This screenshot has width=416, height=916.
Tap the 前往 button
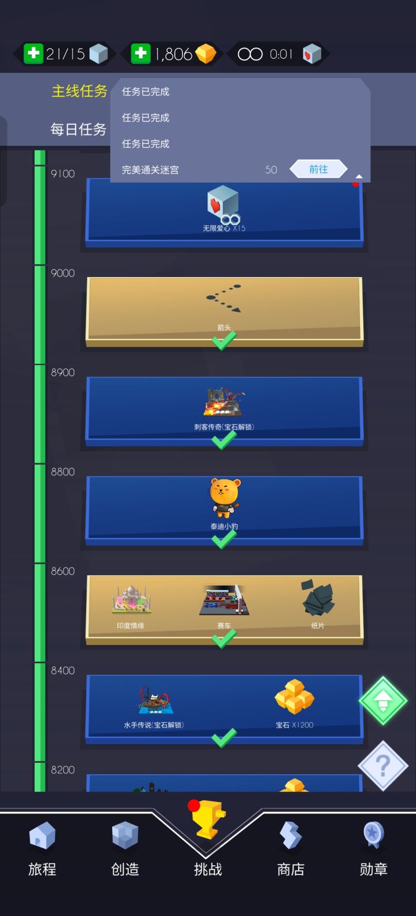(x=318, y=169)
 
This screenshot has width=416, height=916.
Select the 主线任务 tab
(x=79, y=91)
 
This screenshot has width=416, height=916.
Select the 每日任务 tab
(x=79, y=129)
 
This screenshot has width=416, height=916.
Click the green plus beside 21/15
(x=34, y=54)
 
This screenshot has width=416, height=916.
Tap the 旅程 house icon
(x=42, y=836)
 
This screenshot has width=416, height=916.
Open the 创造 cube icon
(x=125, y=835)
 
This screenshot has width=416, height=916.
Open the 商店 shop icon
(x=291, y=835)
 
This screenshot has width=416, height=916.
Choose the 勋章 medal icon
(x=373, y=835)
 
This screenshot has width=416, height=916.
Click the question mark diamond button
(x=383, y=766)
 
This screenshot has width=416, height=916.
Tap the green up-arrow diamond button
(x=383, y=701)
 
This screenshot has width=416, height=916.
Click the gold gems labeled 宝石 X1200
(x=294, y=696)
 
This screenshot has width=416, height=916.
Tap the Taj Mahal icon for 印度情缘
(x=131, y=600)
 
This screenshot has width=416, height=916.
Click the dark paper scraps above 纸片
(x=318, y=597)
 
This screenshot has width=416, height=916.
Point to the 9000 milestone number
(x=63, y=273)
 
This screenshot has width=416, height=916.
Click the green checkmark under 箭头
(x=224, y=341)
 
